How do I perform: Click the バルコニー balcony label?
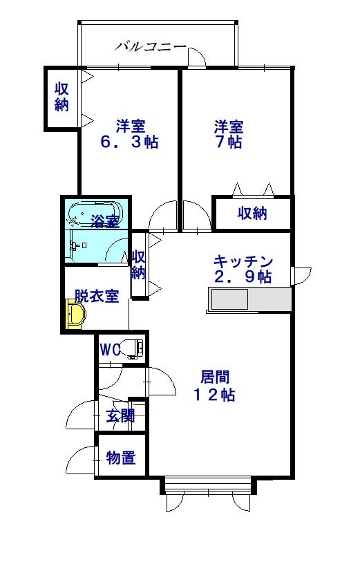pos(150,46)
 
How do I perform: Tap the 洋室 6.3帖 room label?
pos(130,134)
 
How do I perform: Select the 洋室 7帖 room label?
pos(227,134)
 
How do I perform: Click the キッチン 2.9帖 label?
pos(243,269)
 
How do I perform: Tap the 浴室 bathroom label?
pos(105,221)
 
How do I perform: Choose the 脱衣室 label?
pos(97,296)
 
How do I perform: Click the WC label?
pos(110,349)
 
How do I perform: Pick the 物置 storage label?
pos(120,458)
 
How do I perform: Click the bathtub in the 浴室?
pos(96,210)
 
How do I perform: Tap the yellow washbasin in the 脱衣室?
pos(75,315)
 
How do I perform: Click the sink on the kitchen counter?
pos(229,300)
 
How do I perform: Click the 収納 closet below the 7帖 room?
pos(252,213)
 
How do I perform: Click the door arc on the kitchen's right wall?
pos(302,276)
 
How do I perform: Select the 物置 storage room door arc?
pos(83,457)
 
